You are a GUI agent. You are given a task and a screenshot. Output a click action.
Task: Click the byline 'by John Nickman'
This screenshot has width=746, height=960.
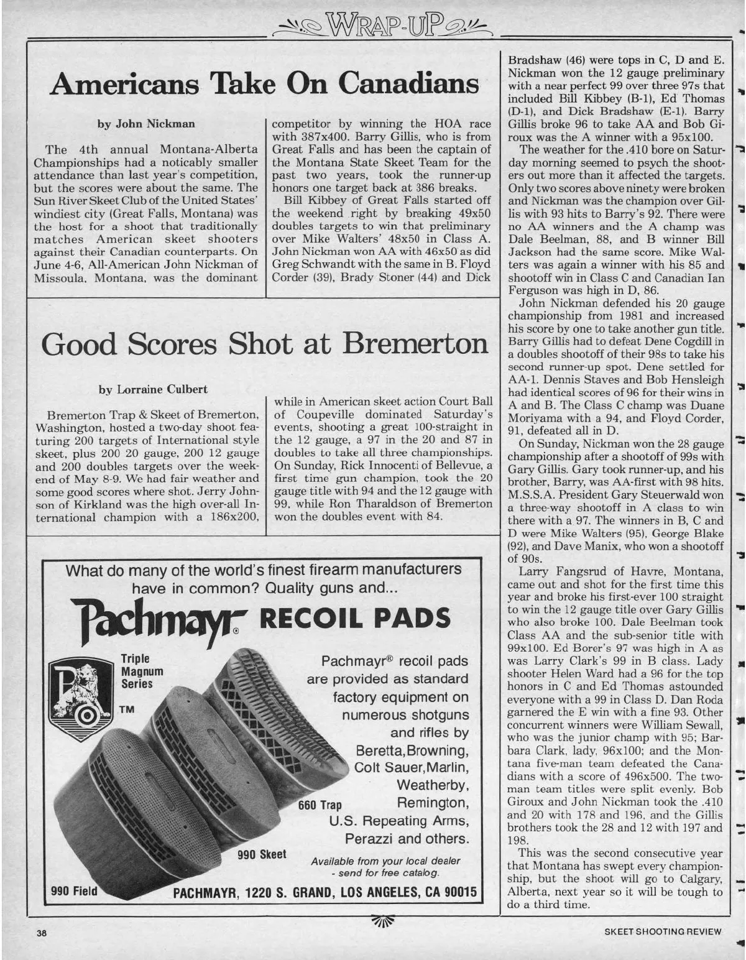pyautogui.click(x=147, y=123)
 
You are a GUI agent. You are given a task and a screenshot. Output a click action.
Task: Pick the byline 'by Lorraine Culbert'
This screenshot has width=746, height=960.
pyautogui.click(x=153, y=389)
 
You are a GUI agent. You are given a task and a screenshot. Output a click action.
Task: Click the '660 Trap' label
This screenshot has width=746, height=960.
pyautogui.click(x=320, y=805)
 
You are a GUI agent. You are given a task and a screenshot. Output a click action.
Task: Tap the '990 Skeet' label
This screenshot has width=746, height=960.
pyautogui.click(x=262, y=854)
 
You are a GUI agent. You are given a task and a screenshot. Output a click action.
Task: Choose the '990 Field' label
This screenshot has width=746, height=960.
pyautogui.click(x=73, y=891)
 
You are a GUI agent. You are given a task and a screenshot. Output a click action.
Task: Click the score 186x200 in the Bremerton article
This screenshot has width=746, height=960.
pyautogui.click(x=231, y=499)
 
